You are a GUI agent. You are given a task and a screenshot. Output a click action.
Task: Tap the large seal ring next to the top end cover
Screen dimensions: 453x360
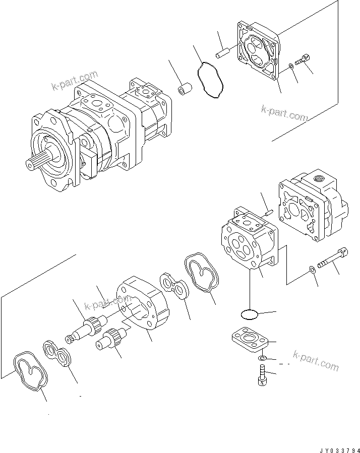coord(212,80)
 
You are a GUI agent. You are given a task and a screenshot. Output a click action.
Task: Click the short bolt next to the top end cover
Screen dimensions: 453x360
coord(302,61)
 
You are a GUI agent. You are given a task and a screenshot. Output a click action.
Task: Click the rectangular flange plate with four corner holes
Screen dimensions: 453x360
coord(246,341)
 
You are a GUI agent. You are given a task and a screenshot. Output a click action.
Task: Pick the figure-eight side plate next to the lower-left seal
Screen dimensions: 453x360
coord(59,355)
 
